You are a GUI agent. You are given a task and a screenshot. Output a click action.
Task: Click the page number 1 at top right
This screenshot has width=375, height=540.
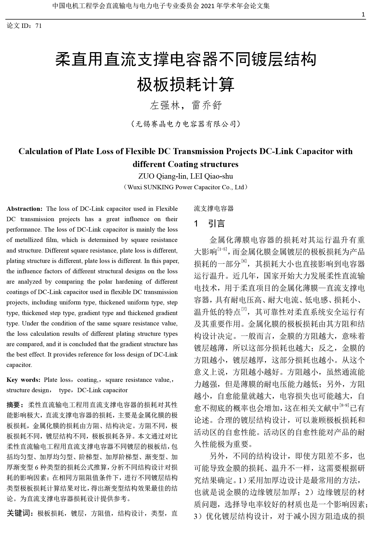(x=363, y=15)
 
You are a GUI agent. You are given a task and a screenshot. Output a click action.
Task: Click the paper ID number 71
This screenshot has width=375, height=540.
(x=39, y=26)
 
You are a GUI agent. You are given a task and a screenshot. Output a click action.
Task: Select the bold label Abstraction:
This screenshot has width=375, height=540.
(x=25, y=209)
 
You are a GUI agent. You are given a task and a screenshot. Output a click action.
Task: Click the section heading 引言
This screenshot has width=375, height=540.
(x=217, y=223)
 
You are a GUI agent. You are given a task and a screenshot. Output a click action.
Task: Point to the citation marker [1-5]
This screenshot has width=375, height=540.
(x=222, y=249)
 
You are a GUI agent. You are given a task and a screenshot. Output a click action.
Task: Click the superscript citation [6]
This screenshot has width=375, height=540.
(x=244, y=261)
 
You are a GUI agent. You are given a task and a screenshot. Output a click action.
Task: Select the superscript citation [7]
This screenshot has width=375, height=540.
(x=244, y=309)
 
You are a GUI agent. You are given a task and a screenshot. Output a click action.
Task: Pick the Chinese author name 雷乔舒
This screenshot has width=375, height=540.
(x=207, y=106)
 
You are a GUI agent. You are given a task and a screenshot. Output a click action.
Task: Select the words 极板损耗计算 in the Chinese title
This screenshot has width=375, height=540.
(x=186, y=85)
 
